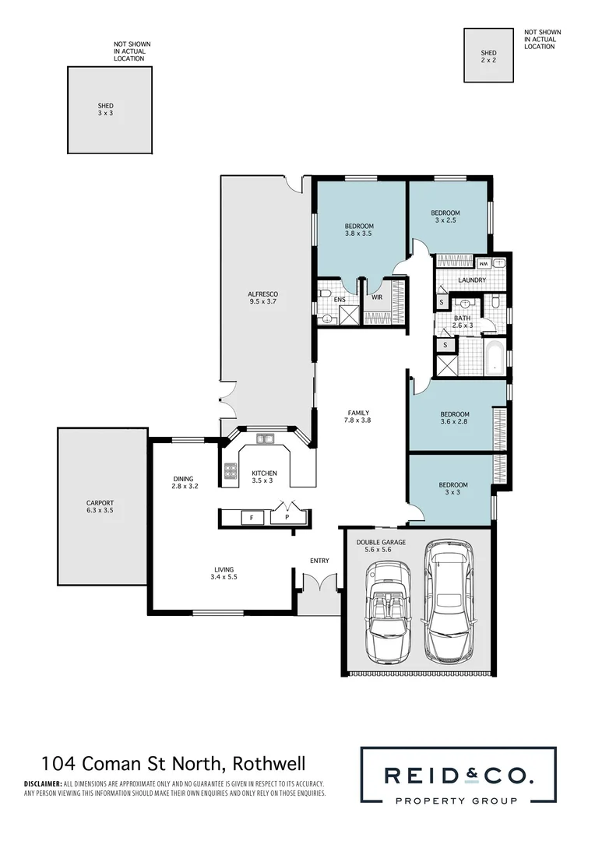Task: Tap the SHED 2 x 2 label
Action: (488, 56)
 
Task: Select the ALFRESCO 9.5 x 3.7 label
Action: (263, 297)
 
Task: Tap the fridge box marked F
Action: (252, 516)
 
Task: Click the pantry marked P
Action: (286, 516)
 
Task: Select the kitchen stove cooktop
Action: (231, 471)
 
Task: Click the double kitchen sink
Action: (266, 439)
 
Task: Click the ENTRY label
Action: (319, 561)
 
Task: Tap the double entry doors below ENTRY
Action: (319, 582)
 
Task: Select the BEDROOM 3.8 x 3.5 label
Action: (359, 230)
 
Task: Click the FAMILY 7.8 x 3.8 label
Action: (358, 417)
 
